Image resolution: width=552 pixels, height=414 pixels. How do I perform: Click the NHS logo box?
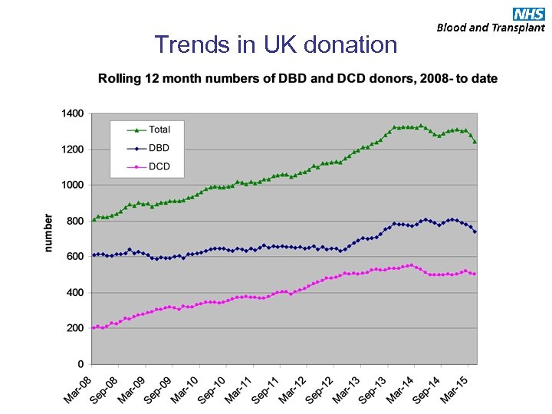(x=529, y=13)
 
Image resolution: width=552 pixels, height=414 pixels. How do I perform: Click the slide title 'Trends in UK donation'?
(x=276, y=44)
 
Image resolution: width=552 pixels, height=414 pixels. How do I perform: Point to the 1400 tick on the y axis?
(x=73, y=113)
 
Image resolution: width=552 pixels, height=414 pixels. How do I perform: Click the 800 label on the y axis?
(x=75, y=221)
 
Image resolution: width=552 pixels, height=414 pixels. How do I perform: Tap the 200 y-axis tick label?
(x=75, y=328)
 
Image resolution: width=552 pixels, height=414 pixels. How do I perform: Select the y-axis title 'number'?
(x=48, y=232)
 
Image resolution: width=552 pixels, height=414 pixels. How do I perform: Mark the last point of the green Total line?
(x=475, y=142)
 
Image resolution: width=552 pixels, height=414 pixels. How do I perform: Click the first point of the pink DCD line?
(x=94, y=327)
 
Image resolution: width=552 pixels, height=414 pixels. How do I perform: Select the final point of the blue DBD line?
(x=475, y=232)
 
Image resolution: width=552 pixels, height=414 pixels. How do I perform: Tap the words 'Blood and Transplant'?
(x=491, y=28)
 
